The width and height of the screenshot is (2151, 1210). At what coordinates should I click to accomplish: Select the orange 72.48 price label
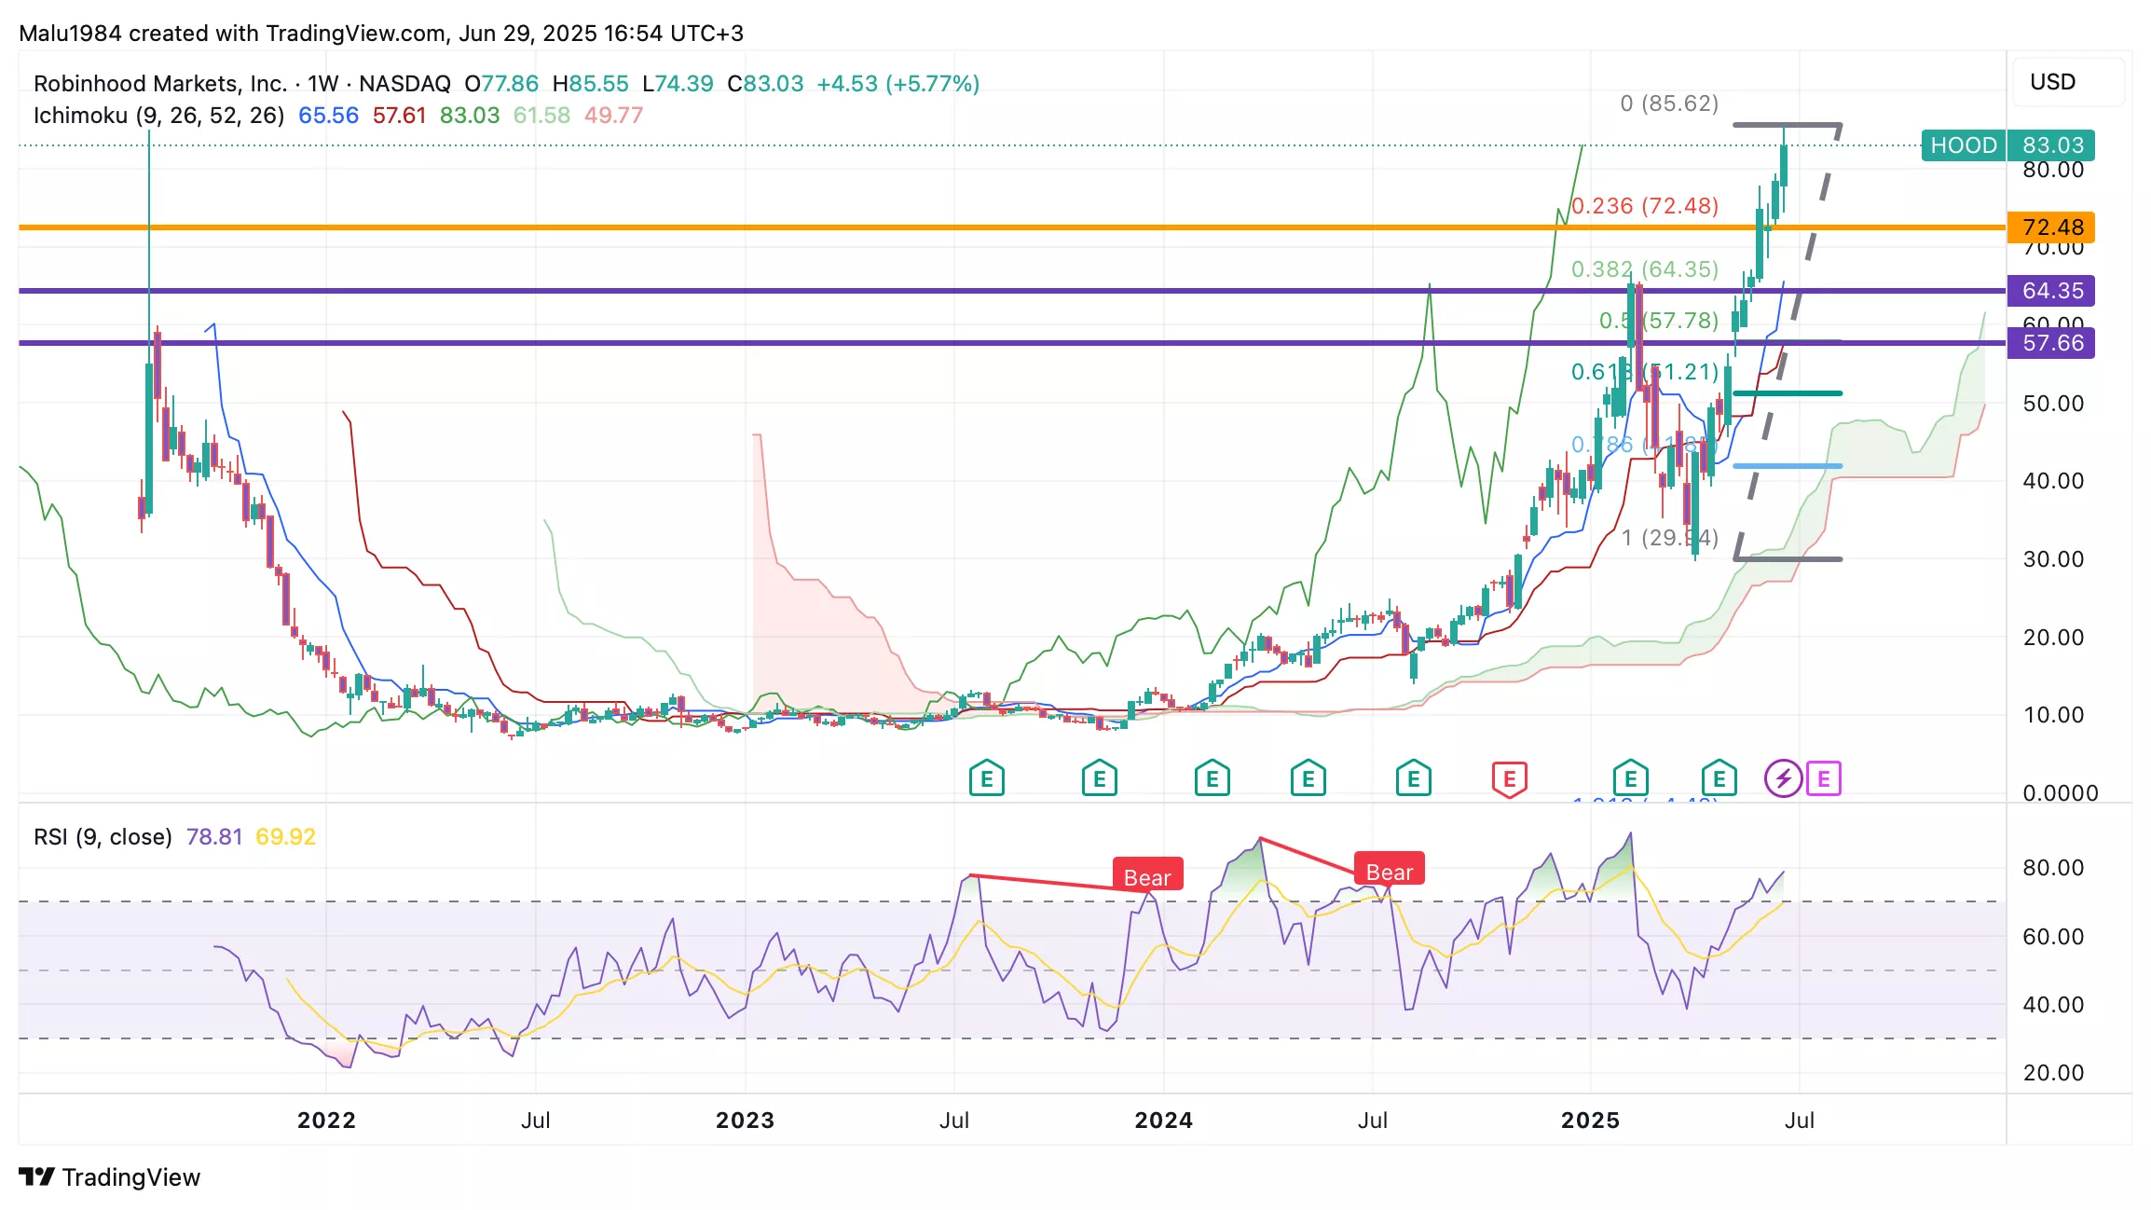coord(2051,227)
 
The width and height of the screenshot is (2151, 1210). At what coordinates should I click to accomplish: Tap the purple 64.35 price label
coord(2051,291)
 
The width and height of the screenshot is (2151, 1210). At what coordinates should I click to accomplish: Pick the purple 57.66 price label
coord(2051,343)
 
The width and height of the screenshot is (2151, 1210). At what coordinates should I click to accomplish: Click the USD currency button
coord(2052,82)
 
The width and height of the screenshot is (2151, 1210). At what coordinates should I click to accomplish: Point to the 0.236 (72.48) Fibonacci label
coord(1645,206)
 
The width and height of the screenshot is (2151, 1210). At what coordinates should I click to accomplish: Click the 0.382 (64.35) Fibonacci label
coord(1645,269)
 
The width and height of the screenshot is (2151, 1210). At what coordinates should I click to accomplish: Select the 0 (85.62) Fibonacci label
coord(1669,103)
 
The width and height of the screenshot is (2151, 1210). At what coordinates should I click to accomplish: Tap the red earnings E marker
coord(1510,778)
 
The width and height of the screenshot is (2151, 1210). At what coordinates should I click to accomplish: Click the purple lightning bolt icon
coord(1783,778)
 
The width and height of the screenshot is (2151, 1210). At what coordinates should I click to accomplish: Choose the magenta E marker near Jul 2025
coord(1824,778)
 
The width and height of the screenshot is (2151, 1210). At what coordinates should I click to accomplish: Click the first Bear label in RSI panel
coord(1147,877)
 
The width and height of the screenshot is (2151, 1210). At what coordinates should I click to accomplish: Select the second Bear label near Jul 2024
coord(1390,872)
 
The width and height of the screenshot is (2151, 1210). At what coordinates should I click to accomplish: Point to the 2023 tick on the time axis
coord(745,1121)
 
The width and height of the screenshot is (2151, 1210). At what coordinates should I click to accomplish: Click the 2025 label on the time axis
coord(1590,1121)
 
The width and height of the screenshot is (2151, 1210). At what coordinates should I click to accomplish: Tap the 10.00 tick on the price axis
coord(2053,715)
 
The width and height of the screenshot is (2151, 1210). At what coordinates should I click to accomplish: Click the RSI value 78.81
coord(214,837)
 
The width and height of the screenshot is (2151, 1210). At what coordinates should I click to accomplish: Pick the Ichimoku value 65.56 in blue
coord(328,116)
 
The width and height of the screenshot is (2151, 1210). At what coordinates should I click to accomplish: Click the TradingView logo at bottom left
coord(110,1177)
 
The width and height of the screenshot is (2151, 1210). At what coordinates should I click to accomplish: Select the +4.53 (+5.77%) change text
coord(898,84)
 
